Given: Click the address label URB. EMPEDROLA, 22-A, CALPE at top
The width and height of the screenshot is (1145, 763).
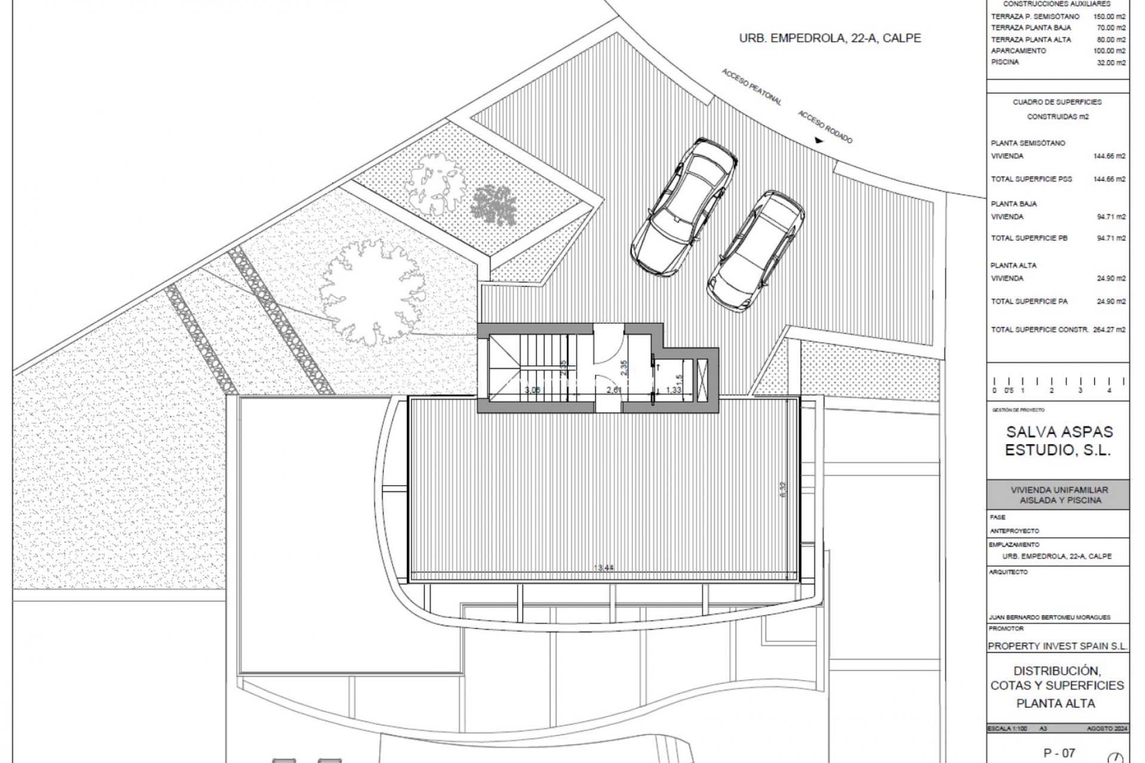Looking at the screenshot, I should click(830, 38).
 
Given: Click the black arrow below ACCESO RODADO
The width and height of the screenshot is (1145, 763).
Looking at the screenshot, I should click(819, 141).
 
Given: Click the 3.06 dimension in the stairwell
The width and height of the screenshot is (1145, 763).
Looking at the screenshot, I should click(533, 390).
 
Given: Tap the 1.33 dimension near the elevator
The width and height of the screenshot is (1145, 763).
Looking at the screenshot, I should click(673, 390).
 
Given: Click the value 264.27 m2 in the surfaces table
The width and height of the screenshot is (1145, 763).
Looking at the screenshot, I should click(1110, 330).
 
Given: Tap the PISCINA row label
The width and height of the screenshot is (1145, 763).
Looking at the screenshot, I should click(1005, 62).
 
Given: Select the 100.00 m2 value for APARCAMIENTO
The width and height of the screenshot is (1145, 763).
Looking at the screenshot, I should click(1110, 51).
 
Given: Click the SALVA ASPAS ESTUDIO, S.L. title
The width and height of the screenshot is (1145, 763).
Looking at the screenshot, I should click(1059, 441).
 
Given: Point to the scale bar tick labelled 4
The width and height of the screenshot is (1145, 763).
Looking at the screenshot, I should click(1109, 390).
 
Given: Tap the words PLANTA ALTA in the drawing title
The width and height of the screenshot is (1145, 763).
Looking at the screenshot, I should click(1056, 703).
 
